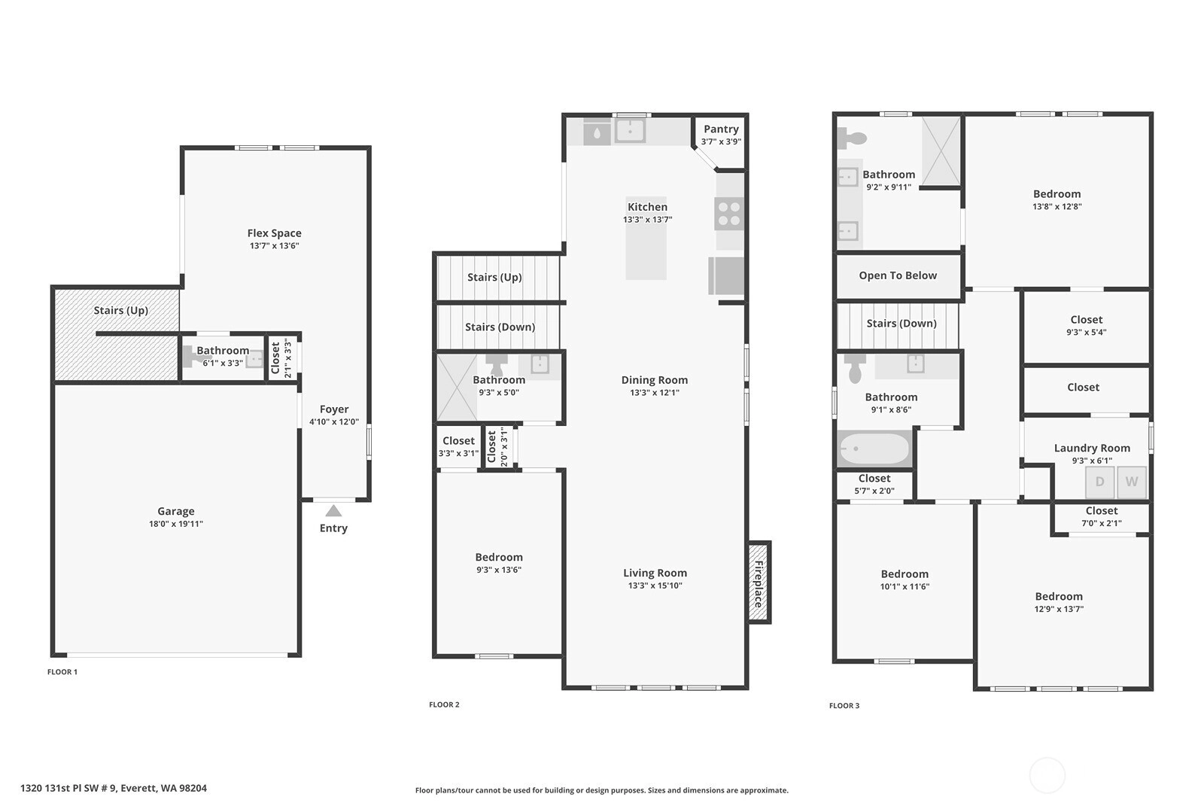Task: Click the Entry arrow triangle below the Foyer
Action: (333, 510)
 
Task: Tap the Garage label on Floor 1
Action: (176, 511)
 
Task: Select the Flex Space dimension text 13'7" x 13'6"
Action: (274, 245)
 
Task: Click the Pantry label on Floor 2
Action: (721, 129)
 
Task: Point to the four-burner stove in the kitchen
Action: (729, 214)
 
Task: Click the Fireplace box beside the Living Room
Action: (759, 582)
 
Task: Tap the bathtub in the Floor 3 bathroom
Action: (874, 449)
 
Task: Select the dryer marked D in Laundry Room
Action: (1099, 482)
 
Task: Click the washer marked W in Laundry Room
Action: (1132, 482)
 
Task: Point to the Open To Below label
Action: (898, 275)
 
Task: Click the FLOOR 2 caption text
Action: (444, 704)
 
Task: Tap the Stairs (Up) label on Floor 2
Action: (494, 278)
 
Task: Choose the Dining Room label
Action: (654, 380)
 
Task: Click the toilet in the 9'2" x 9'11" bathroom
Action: (853, 138)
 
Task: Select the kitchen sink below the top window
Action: (630, 131)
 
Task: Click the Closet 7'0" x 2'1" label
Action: (1102, 516)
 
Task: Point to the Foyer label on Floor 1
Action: (334, 409)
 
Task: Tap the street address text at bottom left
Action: (114, 788)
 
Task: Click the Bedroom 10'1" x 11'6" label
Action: (905, 580)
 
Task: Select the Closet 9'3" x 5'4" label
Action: (1087, 325)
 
